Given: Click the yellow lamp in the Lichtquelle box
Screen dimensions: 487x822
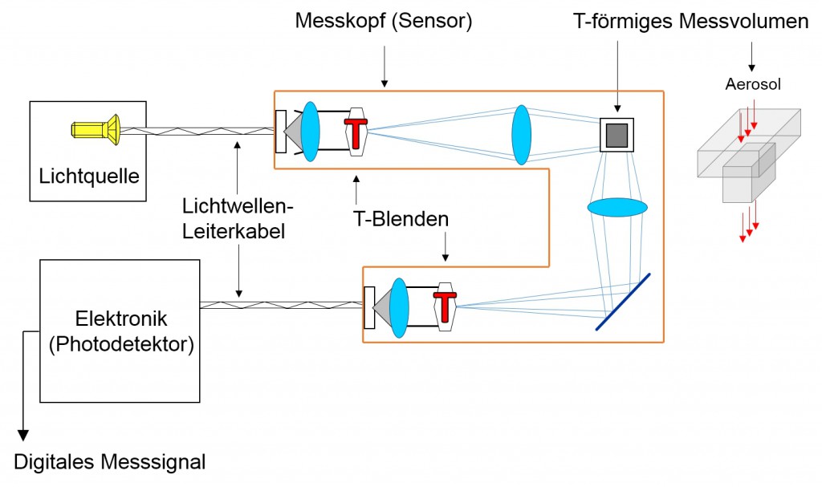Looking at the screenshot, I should pyautogui.click(x=96, y=128).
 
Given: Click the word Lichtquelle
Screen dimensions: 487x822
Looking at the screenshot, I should pyautogui.click(x=88, y=174).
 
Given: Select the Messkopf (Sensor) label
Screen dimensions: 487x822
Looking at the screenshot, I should pyautogui.click(x=384, y=21).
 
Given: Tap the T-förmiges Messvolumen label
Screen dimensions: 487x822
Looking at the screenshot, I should pyautogui.click(x=690, y=22).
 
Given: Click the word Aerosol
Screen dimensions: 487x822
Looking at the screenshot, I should pyautogui.click(x=753, y=84).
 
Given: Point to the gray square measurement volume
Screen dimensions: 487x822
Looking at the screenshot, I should pyautogui.click(x=616, y=135).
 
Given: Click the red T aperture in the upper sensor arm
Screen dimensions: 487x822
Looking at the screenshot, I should pyautogui.click(x=356, y=129).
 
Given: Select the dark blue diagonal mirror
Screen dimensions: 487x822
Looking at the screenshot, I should pyautogui.click(x=623, y=302).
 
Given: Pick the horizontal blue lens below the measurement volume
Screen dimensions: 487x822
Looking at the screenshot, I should pyautogui.click(x=617, y=207).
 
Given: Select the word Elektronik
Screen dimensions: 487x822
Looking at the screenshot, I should pyautogui.click(x=120, y=321).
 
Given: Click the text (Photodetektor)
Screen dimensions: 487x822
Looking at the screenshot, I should pyautogui.click(x=120, y=345).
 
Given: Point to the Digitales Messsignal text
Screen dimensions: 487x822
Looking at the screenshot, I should pyautogui.click(x=110, y=462).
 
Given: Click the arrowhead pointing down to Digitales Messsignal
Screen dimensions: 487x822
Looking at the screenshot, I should pyautogui.click(x=23, y=436).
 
